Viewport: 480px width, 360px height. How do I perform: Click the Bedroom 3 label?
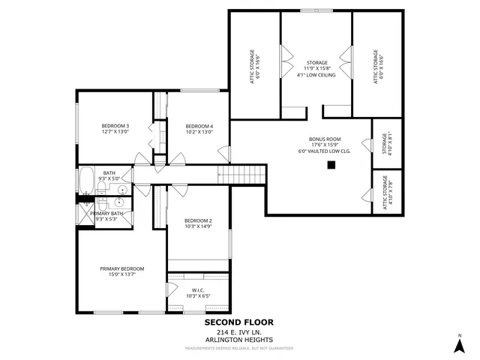(115, 126)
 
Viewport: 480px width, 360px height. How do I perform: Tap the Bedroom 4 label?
(199, 126)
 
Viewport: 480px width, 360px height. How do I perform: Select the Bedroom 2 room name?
(198, 220)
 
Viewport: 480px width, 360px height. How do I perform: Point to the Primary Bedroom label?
(121, 268)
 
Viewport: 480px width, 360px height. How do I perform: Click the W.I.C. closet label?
(198, 290)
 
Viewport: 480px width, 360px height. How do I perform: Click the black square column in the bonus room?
(329, 166)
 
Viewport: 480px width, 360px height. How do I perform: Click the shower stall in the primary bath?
(85, 216)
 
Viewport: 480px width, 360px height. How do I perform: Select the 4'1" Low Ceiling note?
(317, 75)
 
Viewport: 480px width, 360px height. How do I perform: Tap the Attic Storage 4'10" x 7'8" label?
(386, 191)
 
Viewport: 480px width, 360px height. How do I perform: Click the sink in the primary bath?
(121, 202)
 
